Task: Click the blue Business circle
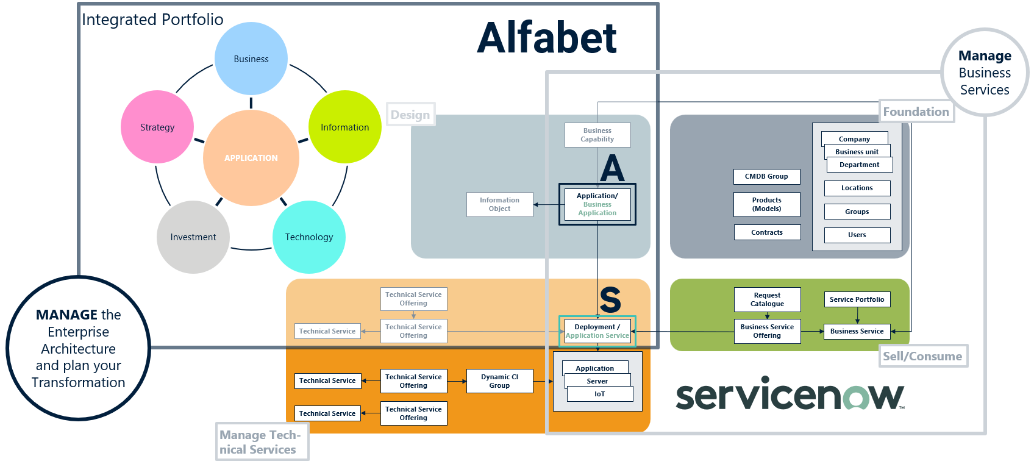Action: (x=251, y=59)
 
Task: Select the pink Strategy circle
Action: (x=157, y=127)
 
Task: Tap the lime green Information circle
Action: (x=344, y=127)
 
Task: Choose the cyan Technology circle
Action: (x=309, y=237)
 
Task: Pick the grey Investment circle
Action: (x=193, y=237)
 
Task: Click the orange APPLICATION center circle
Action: (x=251, y=157)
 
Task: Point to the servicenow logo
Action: (x=790, y=395)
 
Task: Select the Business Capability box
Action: (x=597, y=135)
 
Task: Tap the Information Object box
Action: (x=499, y=204)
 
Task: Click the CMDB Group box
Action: (x=766, y=176)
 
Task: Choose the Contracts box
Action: (x=766, y=232)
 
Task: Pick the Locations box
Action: (x=857, y=188)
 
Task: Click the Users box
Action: (x=857, y=235)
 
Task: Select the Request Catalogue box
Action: (x=767, y=299)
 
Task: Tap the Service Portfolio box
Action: (x=857, y=299)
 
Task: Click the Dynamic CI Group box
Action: (x=499, y=381)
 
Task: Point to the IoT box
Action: (x=600, y=394)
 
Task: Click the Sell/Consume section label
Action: (x=922, y=356)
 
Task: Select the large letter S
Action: (x=610, y=299)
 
